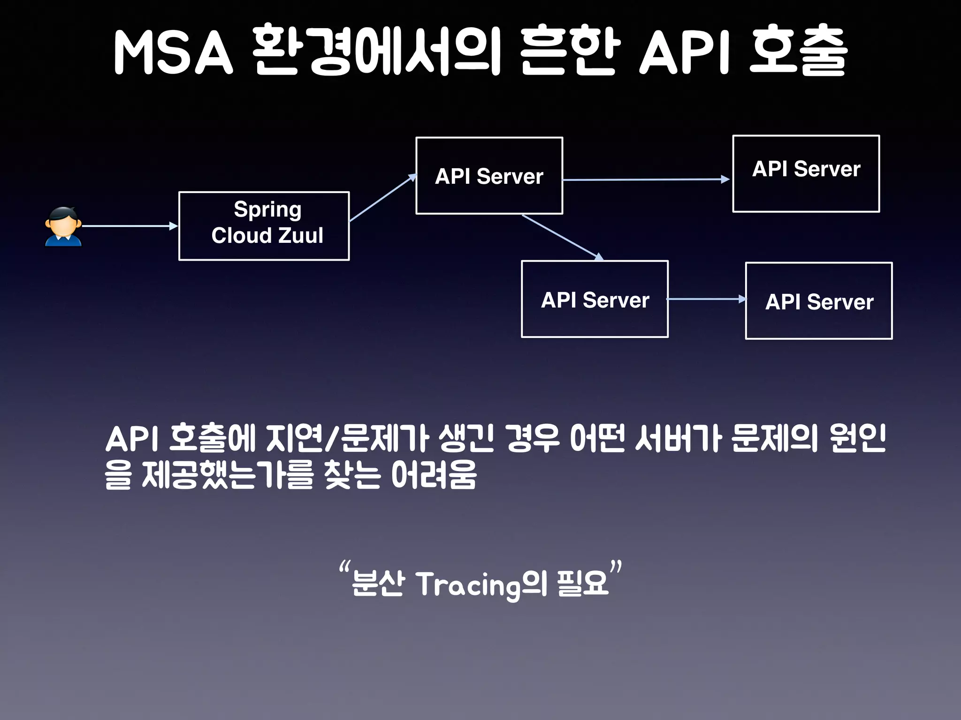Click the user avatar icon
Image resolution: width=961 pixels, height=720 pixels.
tap(63, 226)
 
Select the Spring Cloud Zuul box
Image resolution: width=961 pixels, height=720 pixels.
tap(264, 226)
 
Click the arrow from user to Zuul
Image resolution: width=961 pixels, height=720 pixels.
tap(129, 226)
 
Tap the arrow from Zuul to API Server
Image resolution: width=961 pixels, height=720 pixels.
tap(382, 198)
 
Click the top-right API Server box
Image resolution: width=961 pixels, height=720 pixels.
tap(806, 174)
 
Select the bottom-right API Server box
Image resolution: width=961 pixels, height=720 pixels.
tap(818, 301)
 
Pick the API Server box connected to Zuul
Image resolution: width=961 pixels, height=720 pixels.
tap(489, 176)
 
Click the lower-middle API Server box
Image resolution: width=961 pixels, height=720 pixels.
tap(595, 299)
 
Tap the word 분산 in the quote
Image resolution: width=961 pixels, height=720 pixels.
tap(378, 584)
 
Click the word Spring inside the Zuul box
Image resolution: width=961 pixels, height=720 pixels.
tap(267, 209)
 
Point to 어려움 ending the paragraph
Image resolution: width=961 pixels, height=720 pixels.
tap(434, 474)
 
